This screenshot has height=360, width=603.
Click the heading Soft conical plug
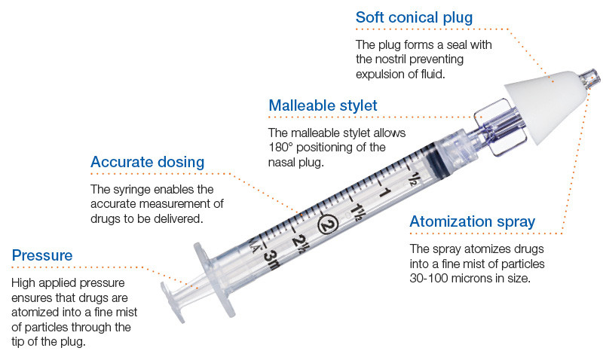click(415, 17)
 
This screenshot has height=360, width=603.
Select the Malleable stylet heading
click(323, 106)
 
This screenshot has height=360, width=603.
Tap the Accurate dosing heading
click(147, 162)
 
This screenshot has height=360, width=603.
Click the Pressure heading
click(42, 255)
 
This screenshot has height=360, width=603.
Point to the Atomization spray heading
click(472, 221)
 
